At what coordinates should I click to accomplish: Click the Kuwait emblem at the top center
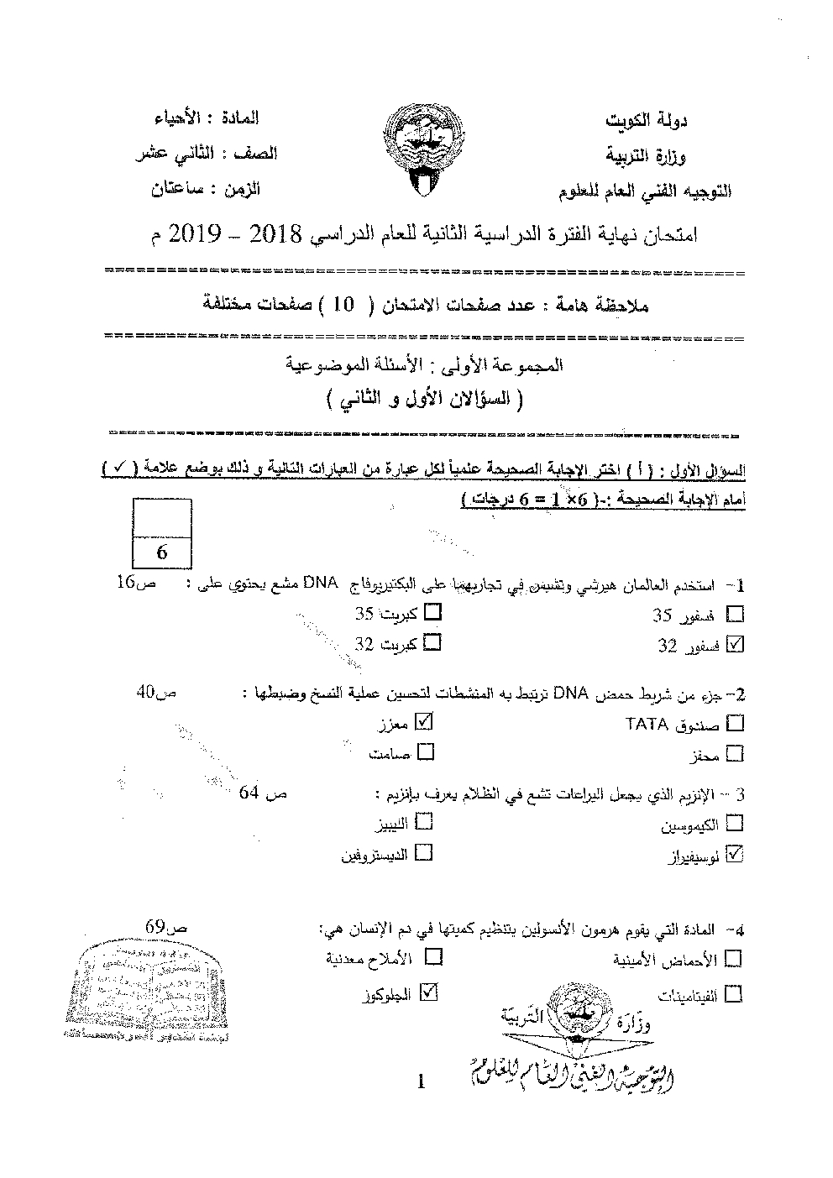point(420,152)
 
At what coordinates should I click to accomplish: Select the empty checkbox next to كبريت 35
point(433,613)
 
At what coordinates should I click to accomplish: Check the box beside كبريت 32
point(433,644)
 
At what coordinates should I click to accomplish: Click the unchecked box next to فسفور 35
point(735,614)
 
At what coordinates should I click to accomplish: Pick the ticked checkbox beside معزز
point(425,720)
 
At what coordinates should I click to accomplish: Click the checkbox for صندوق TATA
point(735,722)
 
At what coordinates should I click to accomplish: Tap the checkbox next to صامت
point(425,751)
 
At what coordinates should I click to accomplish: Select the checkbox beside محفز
point(735,752)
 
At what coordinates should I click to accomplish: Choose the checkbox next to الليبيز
point(424,821)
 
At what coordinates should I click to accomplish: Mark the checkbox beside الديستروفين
point(424,852)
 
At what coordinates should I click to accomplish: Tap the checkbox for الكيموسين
point(735,822)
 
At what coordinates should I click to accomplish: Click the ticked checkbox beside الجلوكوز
point(429,992)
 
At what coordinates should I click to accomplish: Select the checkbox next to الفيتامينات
point(733,994)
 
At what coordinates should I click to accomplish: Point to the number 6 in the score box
point(163,552)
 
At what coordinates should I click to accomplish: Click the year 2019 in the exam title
point(202,233)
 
